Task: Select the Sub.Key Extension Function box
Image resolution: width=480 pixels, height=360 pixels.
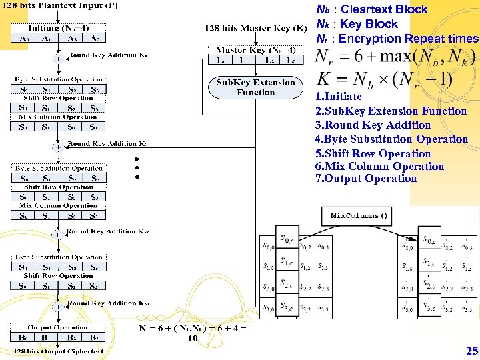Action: (256, 87)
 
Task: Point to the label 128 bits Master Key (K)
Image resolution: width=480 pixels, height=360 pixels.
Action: (256, 28)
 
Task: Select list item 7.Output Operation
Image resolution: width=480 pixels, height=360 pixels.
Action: (366, 179)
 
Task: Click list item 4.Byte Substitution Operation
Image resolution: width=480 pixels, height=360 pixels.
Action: (391, 139)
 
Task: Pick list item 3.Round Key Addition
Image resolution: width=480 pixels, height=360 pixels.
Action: (373, 125)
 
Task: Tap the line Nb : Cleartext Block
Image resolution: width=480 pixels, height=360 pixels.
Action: (371, 9)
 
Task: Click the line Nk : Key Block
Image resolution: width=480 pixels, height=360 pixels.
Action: (357, 24)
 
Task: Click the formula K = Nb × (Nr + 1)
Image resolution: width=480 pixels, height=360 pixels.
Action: (383, 79)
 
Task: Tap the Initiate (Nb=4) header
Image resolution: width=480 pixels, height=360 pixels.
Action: (59, 29)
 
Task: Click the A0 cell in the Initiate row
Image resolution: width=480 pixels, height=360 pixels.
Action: (25, 39)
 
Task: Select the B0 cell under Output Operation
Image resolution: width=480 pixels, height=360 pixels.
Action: (24, 338)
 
